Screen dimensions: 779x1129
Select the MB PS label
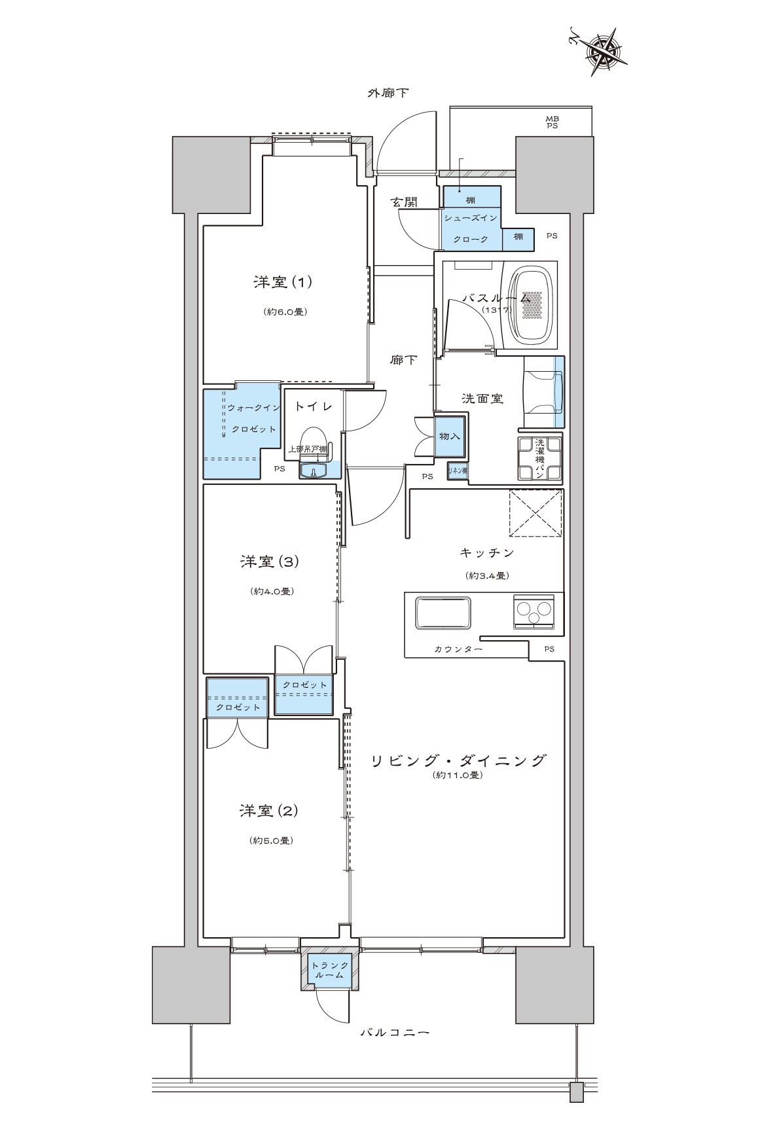coord(553,122)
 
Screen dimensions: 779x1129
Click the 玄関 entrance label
coord(405,202)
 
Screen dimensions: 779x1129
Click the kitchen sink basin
coord(443,613)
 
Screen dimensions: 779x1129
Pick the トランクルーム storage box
coord(330,969)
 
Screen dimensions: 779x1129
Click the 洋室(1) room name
coord(282,282)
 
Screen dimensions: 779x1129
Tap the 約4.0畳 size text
coord(272,591)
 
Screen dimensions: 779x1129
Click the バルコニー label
coord(395,1033)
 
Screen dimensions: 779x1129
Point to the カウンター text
coord(458,649)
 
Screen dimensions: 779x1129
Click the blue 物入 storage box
coord(450,436)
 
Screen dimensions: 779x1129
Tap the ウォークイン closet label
coord(254,408)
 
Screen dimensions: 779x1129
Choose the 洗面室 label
coord(482,399)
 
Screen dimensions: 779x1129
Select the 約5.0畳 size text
coord(271,840)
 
